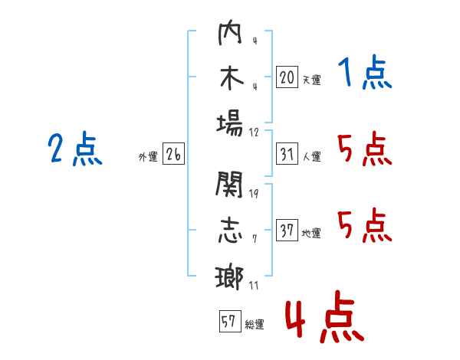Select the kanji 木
[x=230, y=80]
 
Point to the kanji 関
[x=230, y=184]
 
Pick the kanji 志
[x=230, y=230]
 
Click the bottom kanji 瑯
[x=230, y=275]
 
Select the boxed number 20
[x=287, y=77]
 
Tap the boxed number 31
[x=287, y=154]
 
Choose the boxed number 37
[x=287, y=231]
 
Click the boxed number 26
[x=173, y=154]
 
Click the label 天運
[x=311, y=80]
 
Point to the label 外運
[x=148, y=157]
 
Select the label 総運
[x=254, y=324]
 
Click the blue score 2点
[x=74, y=149]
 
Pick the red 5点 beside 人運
[x=364, y=149]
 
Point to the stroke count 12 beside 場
[x=254, y=131]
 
